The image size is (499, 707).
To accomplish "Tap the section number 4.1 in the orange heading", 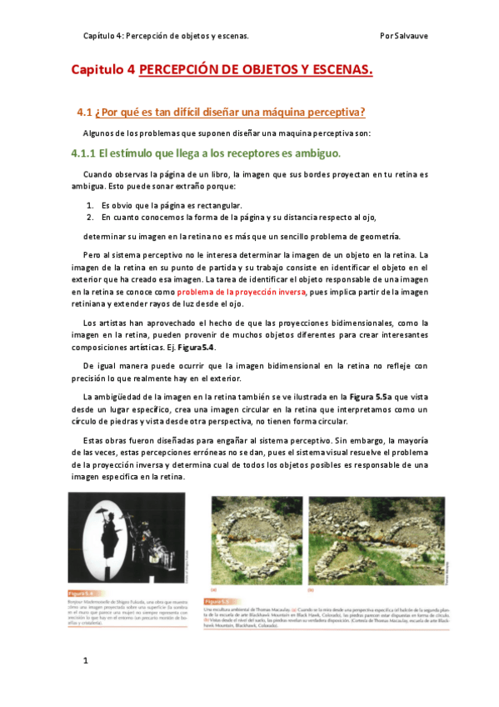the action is [x=83, y=112].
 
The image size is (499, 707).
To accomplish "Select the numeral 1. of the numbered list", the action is [x=92, y=204].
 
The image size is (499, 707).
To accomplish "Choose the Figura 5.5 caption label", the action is [x=215, y=600].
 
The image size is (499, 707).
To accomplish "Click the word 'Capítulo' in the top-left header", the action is [x=101, y=36].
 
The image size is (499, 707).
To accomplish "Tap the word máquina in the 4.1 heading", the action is [x=280, y=112].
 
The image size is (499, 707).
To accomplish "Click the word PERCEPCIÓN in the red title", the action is [x=176, y=72].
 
